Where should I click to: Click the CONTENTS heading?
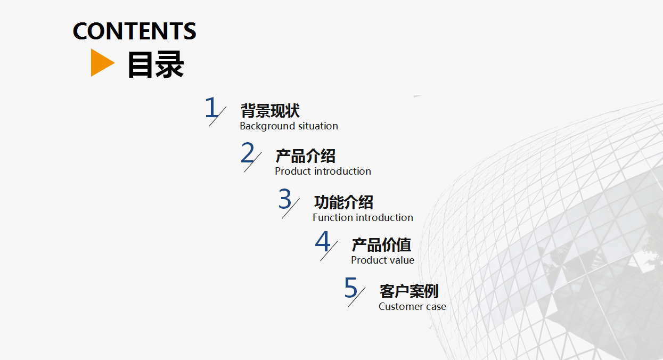tap(134, 31)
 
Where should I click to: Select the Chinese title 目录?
tap(155, 64)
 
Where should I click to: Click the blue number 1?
tap(211, 107)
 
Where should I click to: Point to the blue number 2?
tap(248, 152)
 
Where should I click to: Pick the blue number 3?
tap(285, 199)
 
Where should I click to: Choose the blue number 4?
tap(323, 241)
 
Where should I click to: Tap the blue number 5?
tap(351, 288)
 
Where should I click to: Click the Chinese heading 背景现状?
tap(270, 111)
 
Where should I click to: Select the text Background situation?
tap(289, 126)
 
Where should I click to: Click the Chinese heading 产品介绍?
tap(306, 156)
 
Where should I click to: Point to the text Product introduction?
tap(323, 171)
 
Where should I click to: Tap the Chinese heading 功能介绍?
tap(343, 202)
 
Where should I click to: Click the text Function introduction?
tap(363, 218)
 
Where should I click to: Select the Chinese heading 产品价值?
tap(381, 245)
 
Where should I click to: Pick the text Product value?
tap(383, 260)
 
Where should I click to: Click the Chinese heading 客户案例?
tap(409, 291)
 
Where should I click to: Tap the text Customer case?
tap(412, 306)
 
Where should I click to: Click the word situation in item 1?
tap(318, 126)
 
